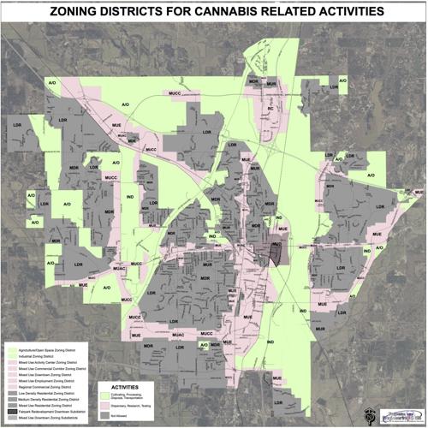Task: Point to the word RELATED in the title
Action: [282, 14]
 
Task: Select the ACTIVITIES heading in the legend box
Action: [122, 387]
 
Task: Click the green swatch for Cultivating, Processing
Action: [104, 395]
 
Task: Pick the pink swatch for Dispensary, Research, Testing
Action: [104, 405]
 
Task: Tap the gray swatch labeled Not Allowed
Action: [104, 415]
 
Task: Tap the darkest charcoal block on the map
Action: [276, 251]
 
